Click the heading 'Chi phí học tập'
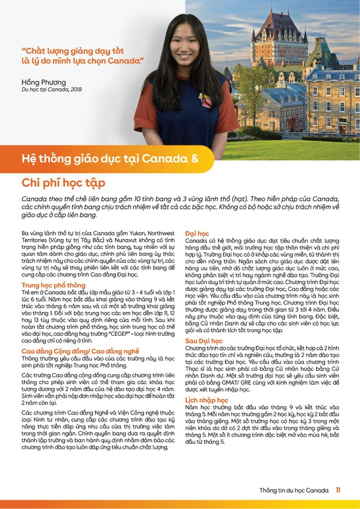click(63, 183)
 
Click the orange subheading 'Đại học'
click(197, 232)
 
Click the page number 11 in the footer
click(338, 490)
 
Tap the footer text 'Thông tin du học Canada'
click(294, 490)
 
